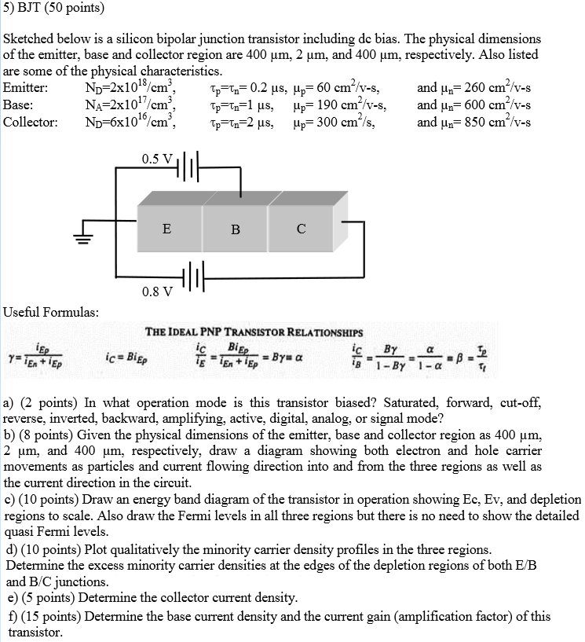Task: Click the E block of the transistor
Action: [x=166, y=229]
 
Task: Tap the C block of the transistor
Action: [x=301, y=229]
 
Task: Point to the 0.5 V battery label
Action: [x=158, y=159]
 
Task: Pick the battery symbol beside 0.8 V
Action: [x=192, y=277]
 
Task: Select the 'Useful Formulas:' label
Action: [x=51, y=312]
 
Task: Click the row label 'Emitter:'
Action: [x=27, y=88]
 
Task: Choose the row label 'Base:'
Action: [x=19, y=105]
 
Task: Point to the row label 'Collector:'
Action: [x=31, y=123]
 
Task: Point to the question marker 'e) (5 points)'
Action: [x=42, y=597]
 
